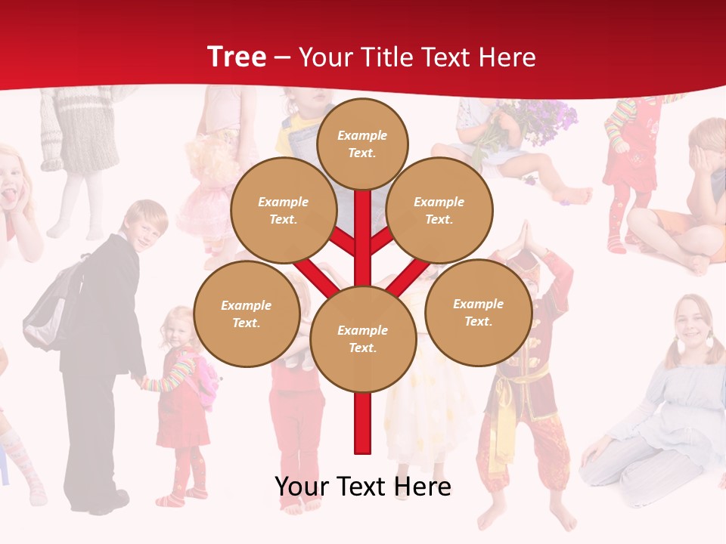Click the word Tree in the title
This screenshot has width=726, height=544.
click(x=237, y=57)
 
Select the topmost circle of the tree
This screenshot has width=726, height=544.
click(x=362, y=144)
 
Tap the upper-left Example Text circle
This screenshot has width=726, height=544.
click(x=283, y=211)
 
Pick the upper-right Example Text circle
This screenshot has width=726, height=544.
click(x=439, y=211)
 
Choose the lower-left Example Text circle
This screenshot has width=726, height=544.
click(x=246, y=314)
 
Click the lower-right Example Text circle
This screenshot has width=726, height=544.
click(x=478, y=312)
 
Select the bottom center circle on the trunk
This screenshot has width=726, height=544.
click(x=362, y=339)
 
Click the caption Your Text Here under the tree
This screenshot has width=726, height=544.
click(x=362, y=487)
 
